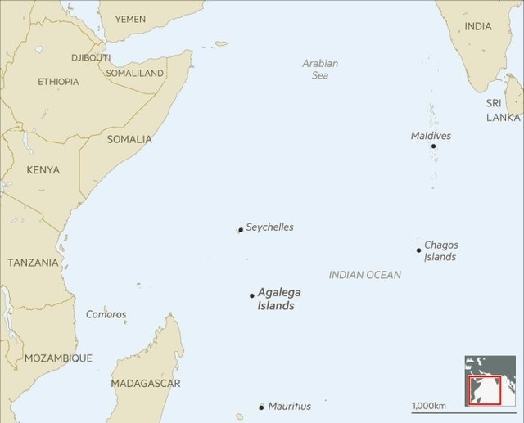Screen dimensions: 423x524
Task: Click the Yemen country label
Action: pyautogui.click(x=131, y=19)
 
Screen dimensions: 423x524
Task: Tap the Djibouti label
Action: pyautogui.click(x=91, y=58)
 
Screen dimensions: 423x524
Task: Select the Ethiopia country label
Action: pyautogui.click(x=58, y=82)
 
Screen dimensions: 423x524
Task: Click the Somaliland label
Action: pyautogui.click(x=135, y=74)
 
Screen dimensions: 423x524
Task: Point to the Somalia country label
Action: pyautogui.click(x=129, y=139)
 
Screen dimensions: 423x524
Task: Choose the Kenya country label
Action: pyautogui.click(x=43, y=170)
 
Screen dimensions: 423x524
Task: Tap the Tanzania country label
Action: pyautogui.click(x=33, y=263)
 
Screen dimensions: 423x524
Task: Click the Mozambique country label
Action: pyautogui.click(x=58, y=358)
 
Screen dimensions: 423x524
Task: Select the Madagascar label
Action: pyautogui.click(x=146, y=384)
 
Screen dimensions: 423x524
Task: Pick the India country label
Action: pyautogui.click(x=478, y=27)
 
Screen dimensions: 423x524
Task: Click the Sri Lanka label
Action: pyautogui.click(x=502, y=110)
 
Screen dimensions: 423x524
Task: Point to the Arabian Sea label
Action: pyautogui.click(x=319, y=70)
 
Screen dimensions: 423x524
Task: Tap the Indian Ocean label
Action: pyautogui.click(x=365, y=275)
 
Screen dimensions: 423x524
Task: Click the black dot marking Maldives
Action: pyautogui.click(x=433, y=146)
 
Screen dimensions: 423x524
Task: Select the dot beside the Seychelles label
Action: pyautogui.click(x=240, y=230)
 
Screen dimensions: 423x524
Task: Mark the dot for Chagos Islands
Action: pyautogui.click(x=418, y=250)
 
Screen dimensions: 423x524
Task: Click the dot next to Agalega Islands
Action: pyautogui.click(x=251, y=295)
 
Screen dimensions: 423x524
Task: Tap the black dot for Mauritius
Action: pyautogui.click(x=261, y=407)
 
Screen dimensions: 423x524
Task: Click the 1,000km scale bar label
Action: pyautogui.click(x=429, y=406)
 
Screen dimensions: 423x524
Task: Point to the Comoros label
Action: pyautogui.click(x=106, y=314)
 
